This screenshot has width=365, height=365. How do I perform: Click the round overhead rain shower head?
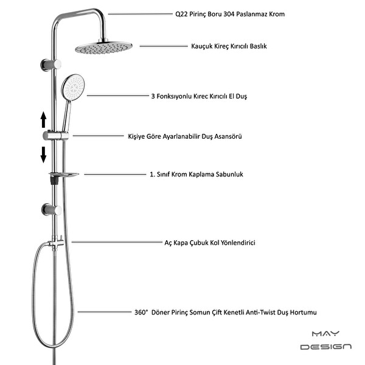[x=103, y=47]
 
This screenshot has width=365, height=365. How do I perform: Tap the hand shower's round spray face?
[x=73, y=86]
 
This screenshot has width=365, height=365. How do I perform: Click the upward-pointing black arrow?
[x=43, y=119]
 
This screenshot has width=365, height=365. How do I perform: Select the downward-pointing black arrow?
[x=43, y=155]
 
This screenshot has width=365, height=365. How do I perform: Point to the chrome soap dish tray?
[x=63, y=175]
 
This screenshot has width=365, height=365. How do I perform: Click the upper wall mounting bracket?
[x=50, y=64]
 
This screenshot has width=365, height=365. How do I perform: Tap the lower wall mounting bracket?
[x=52, y=209]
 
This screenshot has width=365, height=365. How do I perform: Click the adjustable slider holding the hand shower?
[x=55, y=136]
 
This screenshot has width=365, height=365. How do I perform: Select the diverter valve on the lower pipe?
[x=57, y=243]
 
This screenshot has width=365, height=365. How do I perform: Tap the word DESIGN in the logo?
[x=326, y=347]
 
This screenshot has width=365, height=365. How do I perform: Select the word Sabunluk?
[x=229, y=175]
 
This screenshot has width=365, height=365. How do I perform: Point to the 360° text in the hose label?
[x=141, y=312]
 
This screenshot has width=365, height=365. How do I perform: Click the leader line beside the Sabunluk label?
[x=115, y=175]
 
